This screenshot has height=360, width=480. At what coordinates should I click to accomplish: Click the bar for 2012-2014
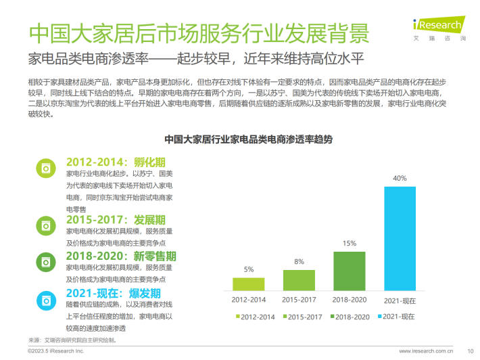pyautogui.click(x=249, y=284)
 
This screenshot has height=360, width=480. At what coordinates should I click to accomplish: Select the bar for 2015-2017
pyautogui.click(x=298, y=279)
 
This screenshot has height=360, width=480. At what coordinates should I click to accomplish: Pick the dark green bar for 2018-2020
pyautogui.click(x=349, y=271)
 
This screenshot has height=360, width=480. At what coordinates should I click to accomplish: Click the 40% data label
pyautogui.click(x=400, y=179)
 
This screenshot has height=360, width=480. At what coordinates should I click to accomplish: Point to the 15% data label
pyautogui.click(x=349, y=244)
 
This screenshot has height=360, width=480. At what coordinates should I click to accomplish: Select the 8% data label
pyautogui.click(x=298, y=261)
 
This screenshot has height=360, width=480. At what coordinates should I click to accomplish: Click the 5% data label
pyautogui.click(x=249, y=269)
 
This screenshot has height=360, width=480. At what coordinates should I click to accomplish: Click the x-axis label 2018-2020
pyautogui.click(x=349, y=300)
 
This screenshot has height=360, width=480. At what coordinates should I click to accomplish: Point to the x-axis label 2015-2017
pyautogui.click(x=298, y=300)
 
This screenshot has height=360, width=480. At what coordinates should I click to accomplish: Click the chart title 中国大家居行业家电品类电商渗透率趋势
pyautogui.click(x=253, y=139)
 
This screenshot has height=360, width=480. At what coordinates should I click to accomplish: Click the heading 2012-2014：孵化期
pyautogui.click(x=116, y=162)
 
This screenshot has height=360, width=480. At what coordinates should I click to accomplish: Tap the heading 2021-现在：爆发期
pyautogui.click(x=113, y=293)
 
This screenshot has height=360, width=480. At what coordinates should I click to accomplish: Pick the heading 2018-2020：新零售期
pyautogui.click(x=121, y=256)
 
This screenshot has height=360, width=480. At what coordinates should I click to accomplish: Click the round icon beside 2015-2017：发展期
pyautogui.click(x=47, y=223)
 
